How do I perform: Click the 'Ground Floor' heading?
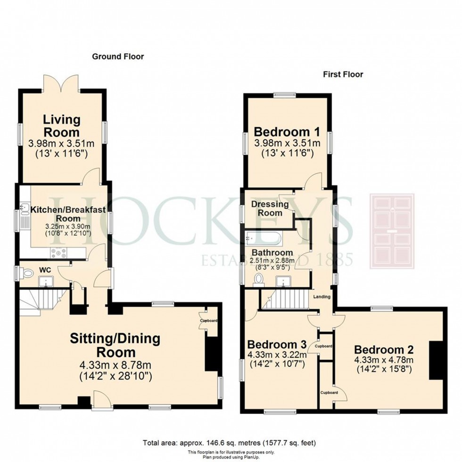coord(118,57)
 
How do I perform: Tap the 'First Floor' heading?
coord(343,74)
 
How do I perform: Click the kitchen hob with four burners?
coord(59,253)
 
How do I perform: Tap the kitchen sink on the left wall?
coord(25,212)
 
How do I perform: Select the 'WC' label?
coord(45,270)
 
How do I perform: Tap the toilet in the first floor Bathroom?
coord(258,280)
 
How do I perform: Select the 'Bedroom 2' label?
coord(384,350)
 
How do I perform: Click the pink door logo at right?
coord(392,231)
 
